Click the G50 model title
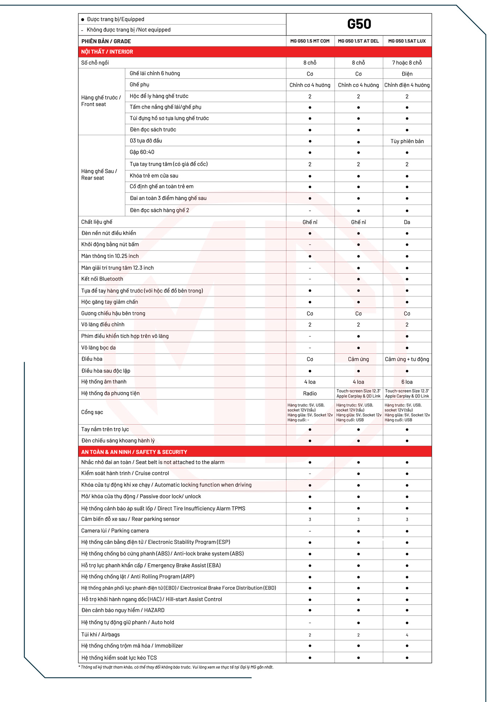click(x=359, y=24)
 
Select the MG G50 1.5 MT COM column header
click(x=310, y=41)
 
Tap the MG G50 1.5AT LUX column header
click(x=407, y=41)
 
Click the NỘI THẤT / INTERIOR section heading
click(x=107, y=52)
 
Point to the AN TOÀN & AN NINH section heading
click(x=134, y=452)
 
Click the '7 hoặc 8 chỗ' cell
click(x=407, y=63)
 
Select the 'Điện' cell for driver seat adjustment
click(x=407, y=74)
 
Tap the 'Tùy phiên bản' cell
click(x=407, y=141)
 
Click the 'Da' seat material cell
click(x=407, y=222)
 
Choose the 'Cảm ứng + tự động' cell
click(x=407, y=359)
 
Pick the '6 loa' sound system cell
click(x=407, y=382)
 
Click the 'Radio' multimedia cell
click(x=310, y=394)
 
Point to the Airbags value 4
click(x=407, y=635)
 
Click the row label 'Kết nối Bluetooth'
click(x=102, y=279)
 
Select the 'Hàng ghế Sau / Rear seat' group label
click(x=99, y=174)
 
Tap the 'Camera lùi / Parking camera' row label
click(x=115, y=531)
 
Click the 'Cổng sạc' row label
click(x=92, y=412)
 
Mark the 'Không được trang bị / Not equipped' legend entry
click(x=128, y=30)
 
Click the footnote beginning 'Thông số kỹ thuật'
click(x=177, y=667)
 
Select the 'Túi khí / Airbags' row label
click(x=100, y=635)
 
